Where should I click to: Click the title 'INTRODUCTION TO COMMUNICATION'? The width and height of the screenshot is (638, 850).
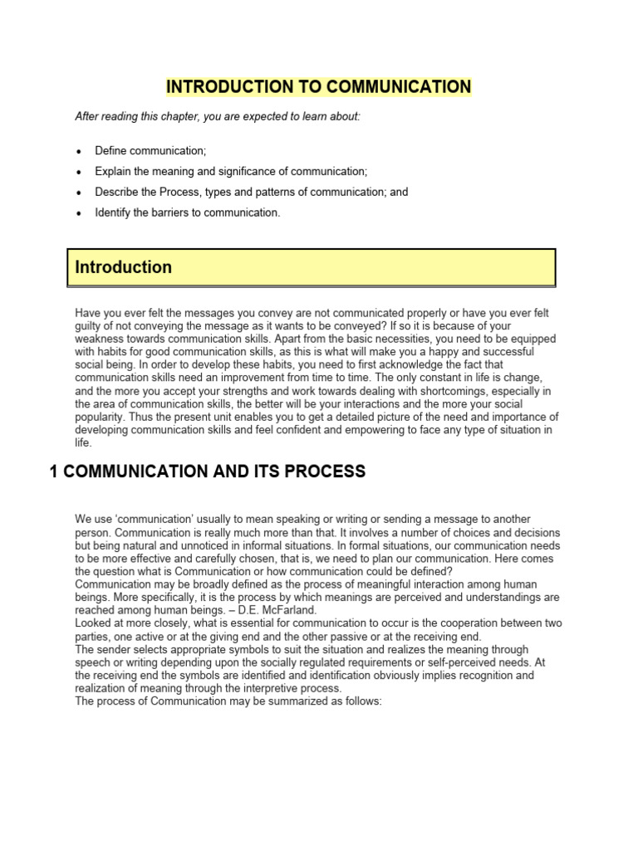319,86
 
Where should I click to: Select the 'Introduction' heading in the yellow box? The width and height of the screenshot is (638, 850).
124,267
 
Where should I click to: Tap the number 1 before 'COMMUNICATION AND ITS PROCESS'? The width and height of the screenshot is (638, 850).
54,471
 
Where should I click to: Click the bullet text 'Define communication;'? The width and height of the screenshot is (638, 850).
150,150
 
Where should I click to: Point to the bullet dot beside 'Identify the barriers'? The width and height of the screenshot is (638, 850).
79,213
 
